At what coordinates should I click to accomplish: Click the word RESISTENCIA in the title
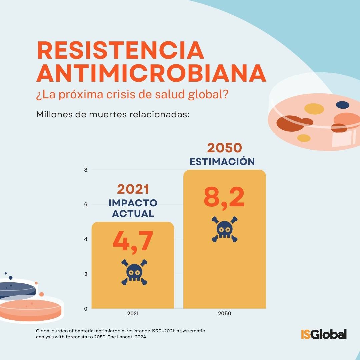120,50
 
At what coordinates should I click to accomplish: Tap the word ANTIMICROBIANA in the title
151,73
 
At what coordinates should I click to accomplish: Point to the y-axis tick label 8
86,170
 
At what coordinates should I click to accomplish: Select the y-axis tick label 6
86,205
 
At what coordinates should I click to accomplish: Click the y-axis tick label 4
86,239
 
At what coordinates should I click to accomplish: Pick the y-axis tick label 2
86,274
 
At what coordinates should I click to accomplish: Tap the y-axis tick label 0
86,309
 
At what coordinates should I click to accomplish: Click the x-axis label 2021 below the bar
133,313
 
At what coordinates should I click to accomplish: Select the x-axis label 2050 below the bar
225,313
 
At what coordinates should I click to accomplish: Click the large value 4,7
133,242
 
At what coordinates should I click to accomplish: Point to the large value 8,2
224,197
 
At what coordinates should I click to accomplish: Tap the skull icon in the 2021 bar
134,272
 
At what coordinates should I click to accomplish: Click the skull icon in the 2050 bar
225,229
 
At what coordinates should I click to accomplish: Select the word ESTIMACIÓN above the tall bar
222,161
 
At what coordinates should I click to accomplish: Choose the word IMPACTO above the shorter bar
133,203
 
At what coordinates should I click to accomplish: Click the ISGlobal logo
324,334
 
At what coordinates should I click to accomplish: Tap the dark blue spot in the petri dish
343,105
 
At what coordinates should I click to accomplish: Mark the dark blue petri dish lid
17,289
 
